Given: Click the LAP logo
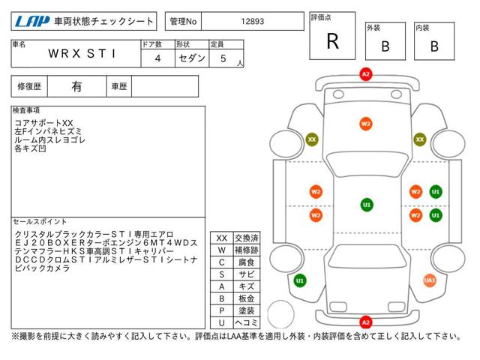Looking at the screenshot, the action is click(32, 22).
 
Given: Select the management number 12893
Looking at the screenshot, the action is click(253, 21).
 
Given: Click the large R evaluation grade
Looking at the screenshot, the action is click(333, 41).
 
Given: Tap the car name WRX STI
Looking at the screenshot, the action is click(82, 53).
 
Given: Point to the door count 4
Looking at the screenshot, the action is click(157, 58).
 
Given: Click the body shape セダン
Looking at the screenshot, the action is click(192, 58).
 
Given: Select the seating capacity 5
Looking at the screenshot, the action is click(223, 58).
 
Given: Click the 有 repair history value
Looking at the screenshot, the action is click(76, 87).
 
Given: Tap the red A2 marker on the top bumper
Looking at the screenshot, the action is click(366, 74).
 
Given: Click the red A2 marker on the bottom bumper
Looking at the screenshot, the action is click(366, 322).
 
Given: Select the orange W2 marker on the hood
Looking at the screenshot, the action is click(366, 124).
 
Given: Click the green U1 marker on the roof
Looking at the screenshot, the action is click(367, 205).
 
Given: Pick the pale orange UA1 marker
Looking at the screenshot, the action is click(430, 280).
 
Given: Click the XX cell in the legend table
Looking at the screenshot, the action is click(222, 238).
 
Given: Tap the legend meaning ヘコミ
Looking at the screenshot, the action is click(247, 322).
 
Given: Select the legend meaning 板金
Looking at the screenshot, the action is click(247, 298).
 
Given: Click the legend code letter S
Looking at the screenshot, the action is click(222, 274).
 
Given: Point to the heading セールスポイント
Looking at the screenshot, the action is click(40, 222).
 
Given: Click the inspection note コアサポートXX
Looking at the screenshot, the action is click(43, 123).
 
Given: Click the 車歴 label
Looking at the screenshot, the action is click(119, 87).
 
